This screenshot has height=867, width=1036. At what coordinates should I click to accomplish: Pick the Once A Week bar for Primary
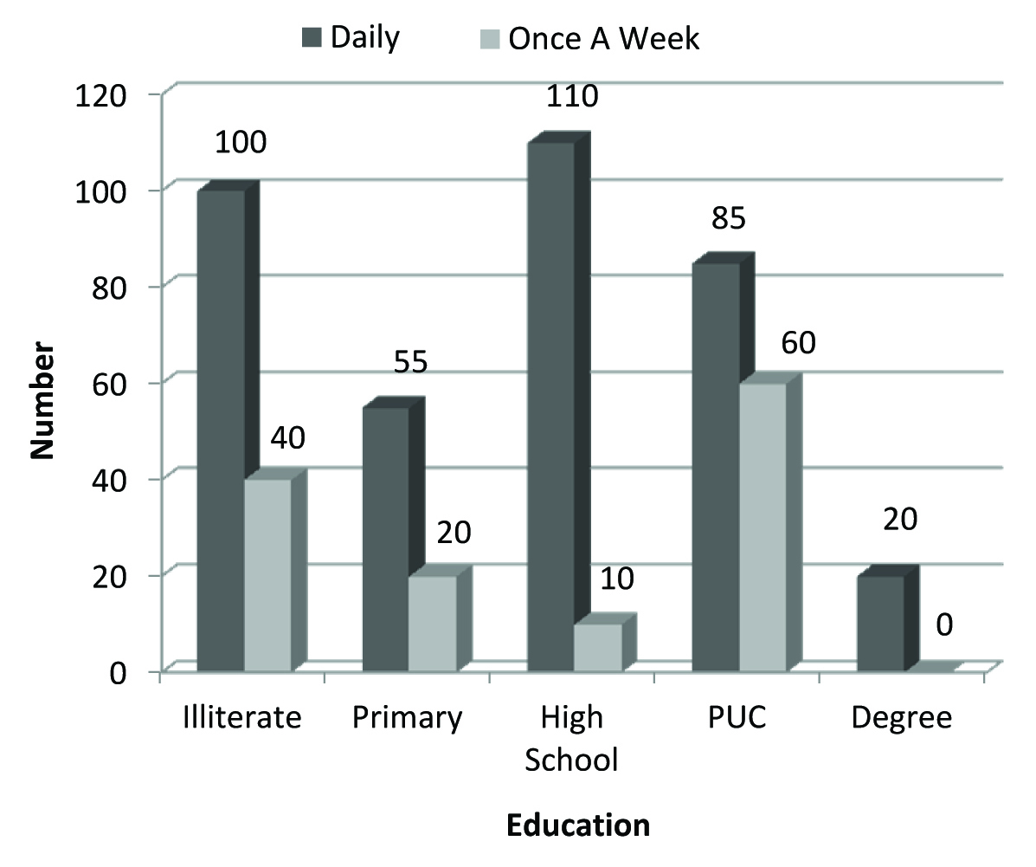432,623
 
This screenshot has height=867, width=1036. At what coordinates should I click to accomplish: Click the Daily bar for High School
550,406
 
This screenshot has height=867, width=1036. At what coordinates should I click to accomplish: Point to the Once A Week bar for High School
598,647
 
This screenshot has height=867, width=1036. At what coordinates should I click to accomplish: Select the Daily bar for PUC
716,467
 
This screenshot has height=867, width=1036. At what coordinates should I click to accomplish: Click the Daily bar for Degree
880,623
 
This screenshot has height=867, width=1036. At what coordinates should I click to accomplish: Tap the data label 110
573,95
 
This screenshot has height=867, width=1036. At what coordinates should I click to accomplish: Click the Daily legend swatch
310,38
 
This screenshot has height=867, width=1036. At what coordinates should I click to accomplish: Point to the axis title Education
577,825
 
